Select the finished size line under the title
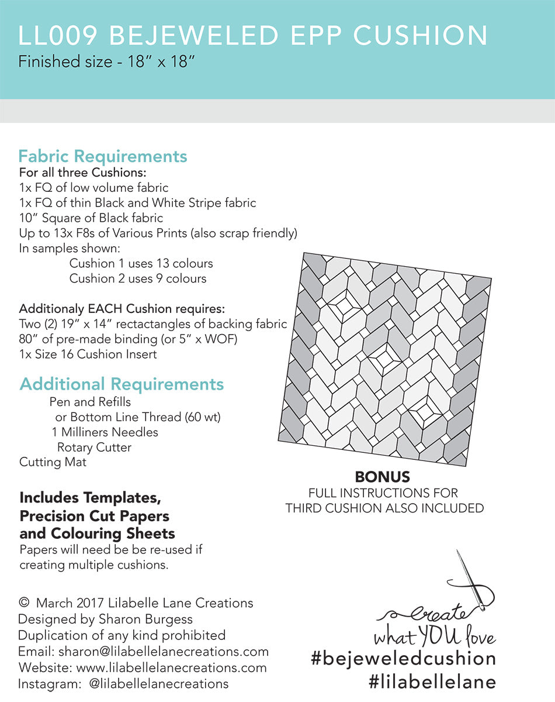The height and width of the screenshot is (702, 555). point(106,61)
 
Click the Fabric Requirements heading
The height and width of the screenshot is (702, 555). point(103,157)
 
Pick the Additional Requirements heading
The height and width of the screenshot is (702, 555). point(122,384)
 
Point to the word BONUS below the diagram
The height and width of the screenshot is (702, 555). point(383,477)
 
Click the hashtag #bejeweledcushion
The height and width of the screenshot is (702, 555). point(403,659)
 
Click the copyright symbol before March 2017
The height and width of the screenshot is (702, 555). point(25,603)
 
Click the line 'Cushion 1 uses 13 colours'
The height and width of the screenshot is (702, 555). point(141,263)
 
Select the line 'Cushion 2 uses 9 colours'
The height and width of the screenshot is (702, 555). point(138,278)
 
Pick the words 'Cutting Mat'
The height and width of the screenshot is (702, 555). point(53,462)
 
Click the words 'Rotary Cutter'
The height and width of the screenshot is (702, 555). point(95,448)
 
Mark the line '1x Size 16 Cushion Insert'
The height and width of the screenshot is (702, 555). point(88,354)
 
